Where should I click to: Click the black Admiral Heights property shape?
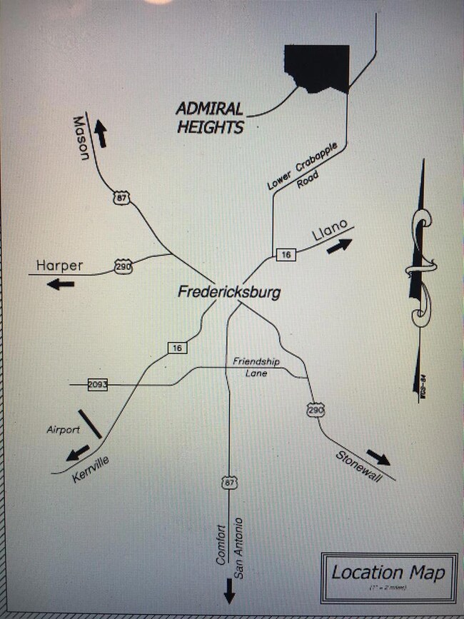318,68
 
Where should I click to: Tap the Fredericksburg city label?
228,292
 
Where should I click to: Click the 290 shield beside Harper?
123,268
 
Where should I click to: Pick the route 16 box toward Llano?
286,254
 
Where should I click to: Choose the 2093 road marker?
97,385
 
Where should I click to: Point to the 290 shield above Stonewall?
316,410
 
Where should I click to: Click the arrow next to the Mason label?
101,134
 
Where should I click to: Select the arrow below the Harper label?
61,284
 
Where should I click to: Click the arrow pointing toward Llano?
339,246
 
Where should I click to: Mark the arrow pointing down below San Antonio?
229,590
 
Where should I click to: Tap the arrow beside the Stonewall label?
378,457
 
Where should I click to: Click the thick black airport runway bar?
90,424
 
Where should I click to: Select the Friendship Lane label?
251,368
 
